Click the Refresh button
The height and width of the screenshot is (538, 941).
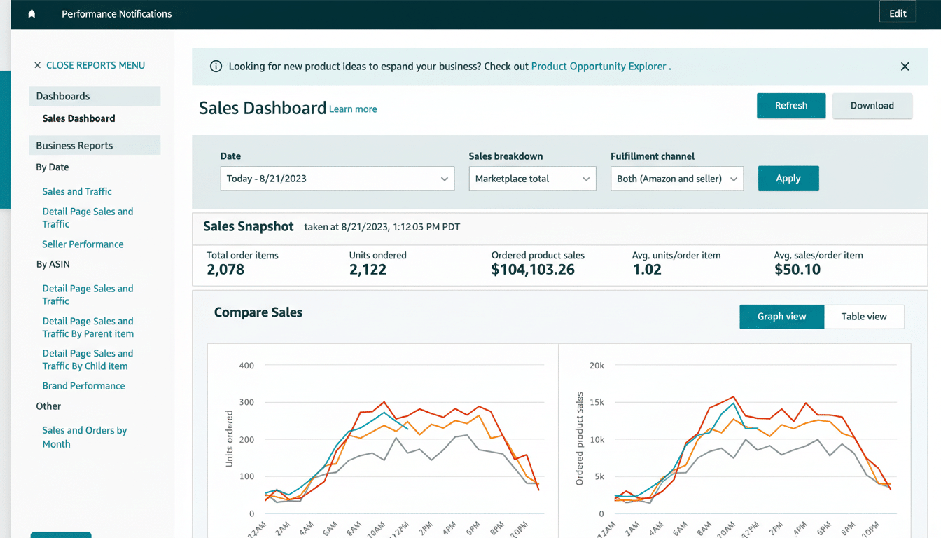click(790, 106)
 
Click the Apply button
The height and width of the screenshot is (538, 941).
click(788, 179)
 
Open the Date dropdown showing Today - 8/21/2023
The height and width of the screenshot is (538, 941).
click(337, 179)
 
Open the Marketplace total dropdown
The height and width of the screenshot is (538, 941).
click(532, 179)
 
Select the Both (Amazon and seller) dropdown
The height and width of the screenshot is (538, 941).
click(676, 179)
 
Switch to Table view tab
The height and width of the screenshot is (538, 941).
click(863, 317)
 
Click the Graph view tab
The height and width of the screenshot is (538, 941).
click(781, 317)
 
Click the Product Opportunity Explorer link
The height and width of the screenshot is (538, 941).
click(599, 67)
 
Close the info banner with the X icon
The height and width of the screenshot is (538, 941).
click(905, 67)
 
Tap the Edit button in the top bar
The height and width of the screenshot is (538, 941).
click(897, 13)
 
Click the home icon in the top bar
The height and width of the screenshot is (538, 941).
click(32, 14)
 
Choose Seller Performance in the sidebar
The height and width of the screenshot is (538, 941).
click(83, 244)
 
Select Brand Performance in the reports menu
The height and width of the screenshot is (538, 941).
click(83, 386)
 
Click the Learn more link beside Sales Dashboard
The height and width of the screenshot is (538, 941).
click(353, 109)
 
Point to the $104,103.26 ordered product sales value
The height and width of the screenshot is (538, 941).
click(533, 270)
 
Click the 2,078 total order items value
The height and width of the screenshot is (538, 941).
click(225, 270)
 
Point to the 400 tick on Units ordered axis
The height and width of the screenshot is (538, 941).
click(246, 366)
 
